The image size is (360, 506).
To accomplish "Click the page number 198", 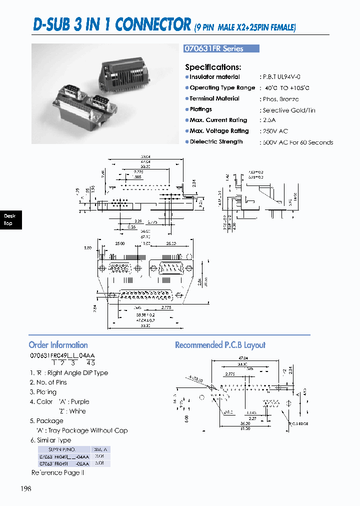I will coord(25,488).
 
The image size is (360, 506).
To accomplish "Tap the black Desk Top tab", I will coord(9,219).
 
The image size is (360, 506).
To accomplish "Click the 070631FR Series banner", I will coord(222,48).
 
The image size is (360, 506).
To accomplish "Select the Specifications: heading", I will coord(213,67).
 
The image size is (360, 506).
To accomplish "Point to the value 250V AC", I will coord(274,131).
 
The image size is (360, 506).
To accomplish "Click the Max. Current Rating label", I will coord(218,120).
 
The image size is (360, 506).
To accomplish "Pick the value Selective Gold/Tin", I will coord(288,110).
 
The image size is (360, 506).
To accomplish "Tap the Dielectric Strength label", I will coord(216,142).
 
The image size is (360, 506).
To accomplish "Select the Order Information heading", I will coord(58,345).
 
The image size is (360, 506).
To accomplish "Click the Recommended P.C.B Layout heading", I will coord(220,345).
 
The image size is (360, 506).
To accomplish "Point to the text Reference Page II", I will coord(57,472).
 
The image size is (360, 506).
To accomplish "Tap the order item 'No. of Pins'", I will coord(51,382).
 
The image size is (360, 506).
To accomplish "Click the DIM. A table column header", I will coord(100,449).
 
